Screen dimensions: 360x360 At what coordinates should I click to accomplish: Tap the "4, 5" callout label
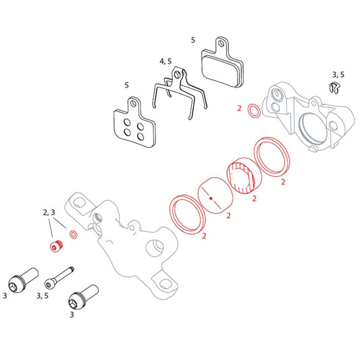click(165, 61)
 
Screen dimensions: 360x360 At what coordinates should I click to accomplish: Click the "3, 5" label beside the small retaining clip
click(338, 74)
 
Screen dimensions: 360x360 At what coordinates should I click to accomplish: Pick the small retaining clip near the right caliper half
click(331, 88)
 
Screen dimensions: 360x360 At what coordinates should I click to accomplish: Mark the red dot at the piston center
click(211, 199)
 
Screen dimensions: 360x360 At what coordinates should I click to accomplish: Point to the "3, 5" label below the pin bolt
click(42, 296)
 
